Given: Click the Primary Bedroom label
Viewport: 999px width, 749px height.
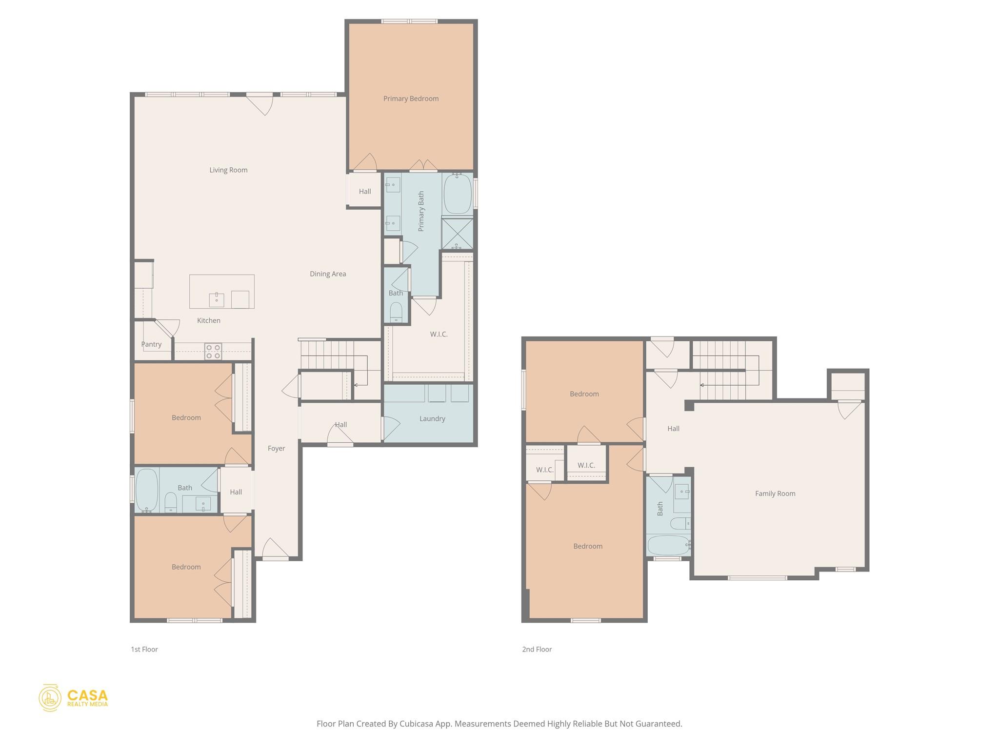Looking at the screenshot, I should coord(411,99).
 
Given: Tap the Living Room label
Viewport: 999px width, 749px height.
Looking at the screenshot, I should coord(228,170).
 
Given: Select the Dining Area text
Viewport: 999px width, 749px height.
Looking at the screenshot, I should coord(328,274).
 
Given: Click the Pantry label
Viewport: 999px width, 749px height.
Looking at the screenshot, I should coord(151,344).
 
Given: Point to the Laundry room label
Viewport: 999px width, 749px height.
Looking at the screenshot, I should coord(432,418).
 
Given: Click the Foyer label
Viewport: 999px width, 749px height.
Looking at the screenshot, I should coord(276,448).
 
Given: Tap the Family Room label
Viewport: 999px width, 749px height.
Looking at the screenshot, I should coord(775,493).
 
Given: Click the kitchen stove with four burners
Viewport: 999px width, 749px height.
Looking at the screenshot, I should coord(213,352).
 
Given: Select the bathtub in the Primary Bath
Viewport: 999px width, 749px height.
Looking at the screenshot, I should coord(458,194).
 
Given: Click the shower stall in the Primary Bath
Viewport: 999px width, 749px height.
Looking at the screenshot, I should coord(457,234).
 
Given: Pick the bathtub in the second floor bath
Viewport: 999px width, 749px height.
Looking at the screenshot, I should coord(668,545).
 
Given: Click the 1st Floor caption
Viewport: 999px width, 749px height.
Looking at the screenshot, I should coord(144,649).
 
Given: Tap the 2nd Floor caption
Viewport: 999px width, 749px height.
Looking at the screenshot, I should coord(537,649).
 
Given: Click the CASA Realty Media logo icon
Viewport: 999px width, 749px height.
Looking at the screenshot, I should coord(50,697).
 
